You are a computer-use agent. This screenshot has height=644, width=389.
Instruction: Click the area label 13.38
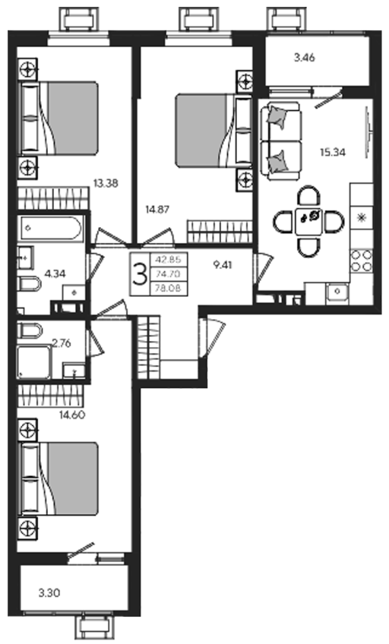(x=106, y=183)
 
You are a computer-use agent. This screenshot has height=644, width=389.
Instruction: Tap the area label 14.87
(x=157, y=210)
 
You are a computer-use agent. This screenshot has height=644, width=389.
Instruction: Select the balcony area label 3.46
(x=305, y=58)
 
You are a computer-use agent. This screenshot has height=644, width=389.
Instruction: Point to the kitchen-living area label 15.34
(x=333, y=153)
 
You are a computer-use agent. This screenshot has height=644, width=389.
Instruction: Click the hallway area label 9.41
(x=222, y=265)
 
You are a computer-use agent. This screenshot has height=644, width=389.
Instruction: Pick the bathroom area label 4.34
(x=54, y=273)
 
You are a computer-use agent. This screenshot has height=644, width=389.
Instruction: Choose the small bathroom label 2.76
(x=62, y=343)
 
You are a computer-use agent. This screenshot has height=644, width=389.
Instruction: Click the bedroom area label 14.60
(x=72, y=415)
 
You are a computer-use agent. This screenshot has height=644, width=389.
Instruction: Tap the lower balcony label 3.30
(x=49, y=592)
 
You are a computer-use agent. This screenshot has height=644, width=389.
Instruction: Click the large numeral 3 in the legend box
(x=140, y=274)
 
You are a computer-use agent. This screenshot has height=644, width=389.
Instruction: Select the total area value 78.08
(x=168, y=289)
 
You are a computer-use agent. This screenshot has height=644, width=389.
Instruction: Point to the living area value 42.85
(x=168, y=260)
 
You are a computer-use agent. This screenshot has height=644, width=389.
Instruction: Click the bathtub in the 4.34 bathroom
(x=50, y=229)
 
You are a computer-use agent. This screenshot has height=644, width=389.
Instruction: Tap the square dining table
(x=308, y=222)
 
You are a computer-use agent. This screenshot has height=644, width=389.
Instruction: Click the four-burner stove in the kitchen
(x=362, y=261)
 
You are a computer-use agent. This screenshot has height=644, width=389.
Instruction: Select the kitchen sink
(x=337, y=292)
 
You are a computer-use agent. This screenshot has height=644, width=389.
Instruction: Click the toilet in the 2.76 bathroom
(x=30, y=330)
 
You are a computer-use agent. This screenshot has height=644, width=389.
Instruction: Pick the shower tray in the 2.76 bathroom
(x=34, y=361)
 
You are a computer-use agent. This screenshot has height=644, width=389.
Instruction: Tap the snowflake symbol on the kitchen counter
(x=362, y=218)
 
